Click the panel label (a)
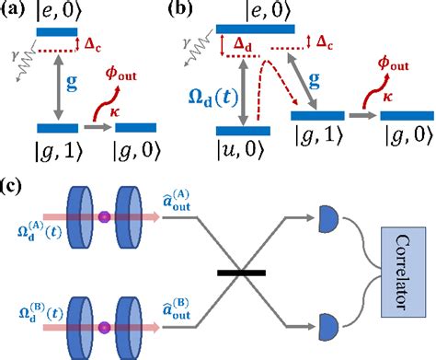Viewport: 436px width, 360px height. [x=14, y=11]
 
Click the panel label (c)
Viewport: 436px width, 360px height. [x=14, y=187]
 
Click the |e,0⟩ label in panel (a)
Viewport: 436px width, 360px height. [x=67, y=11]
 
